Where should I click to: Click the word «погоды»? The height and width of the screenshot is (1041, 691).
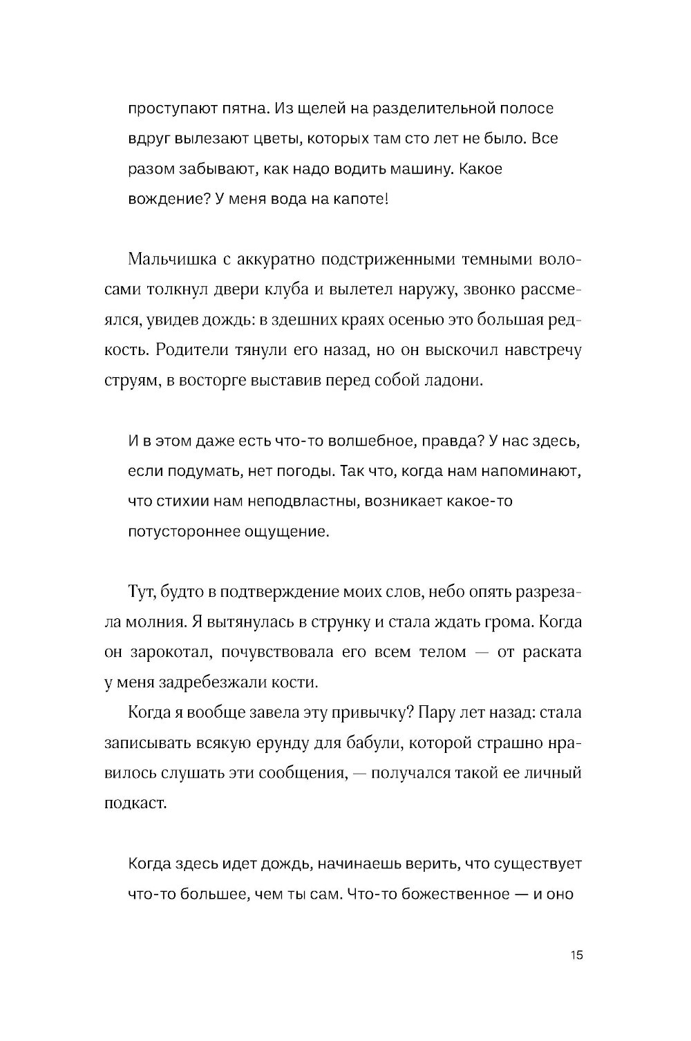click(x=307, y=471)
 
